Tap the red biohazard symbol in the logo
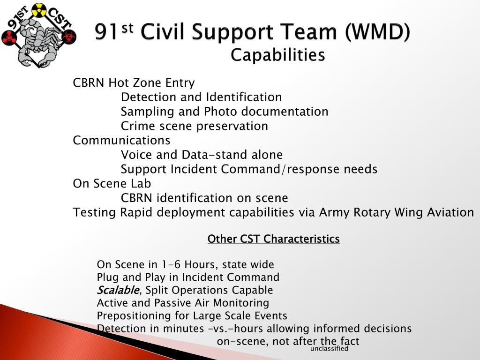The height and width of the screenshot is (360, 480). pos(68,37)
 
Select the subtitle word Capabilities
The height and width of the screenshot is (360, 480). pos(277,55)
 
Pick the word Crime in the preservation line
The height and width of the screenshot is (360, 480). pos(137,127)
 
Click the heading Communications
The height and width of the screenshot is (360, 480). pos(122,141)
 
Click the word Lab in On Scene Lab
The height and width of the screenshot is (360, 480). pos(141,184)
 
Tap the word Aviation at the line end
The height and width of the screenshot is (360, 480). pos(450,213)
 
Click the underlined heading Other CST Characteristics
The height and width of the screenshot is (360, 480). pos(273,240)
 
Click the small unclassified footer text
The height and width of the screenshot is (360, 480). pos(329,349)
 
